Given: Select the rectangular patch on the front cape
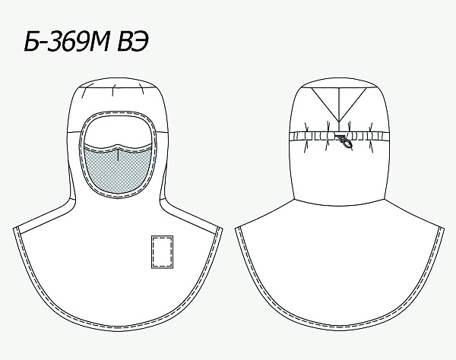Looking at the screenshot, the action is [163, 251].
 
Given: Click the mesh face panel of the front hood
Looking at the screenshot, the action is [118, 170].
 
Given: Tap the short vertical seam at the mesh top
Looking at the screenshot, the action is [118, 154].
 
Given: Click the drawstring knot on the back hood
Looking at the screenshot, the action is [345, 141].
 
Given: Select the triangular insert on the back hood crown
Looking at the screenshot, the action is [339, 100].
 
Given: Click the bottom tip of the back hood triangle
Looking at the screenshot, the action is [339, 122].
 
